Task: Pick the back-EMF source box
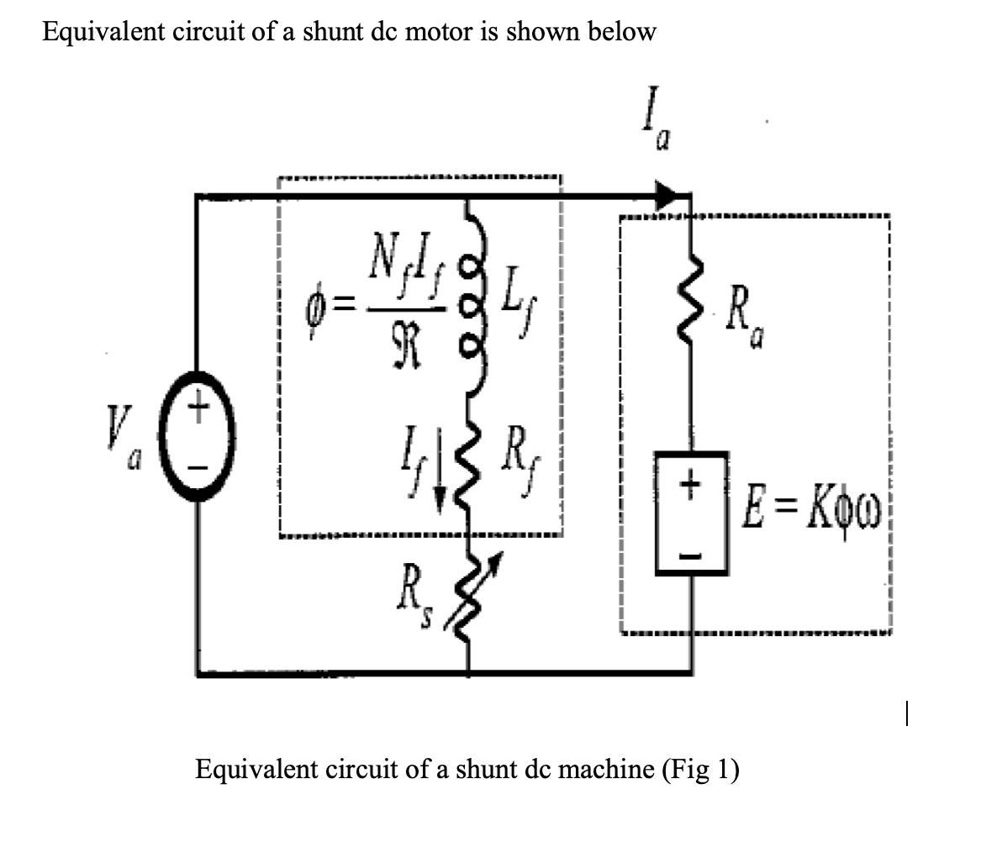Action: click(x=691, y=513)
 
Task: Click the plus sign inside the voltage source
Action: click(x=198, y=412)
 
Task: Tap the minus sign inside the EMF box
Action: click(x=691, y=555)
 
